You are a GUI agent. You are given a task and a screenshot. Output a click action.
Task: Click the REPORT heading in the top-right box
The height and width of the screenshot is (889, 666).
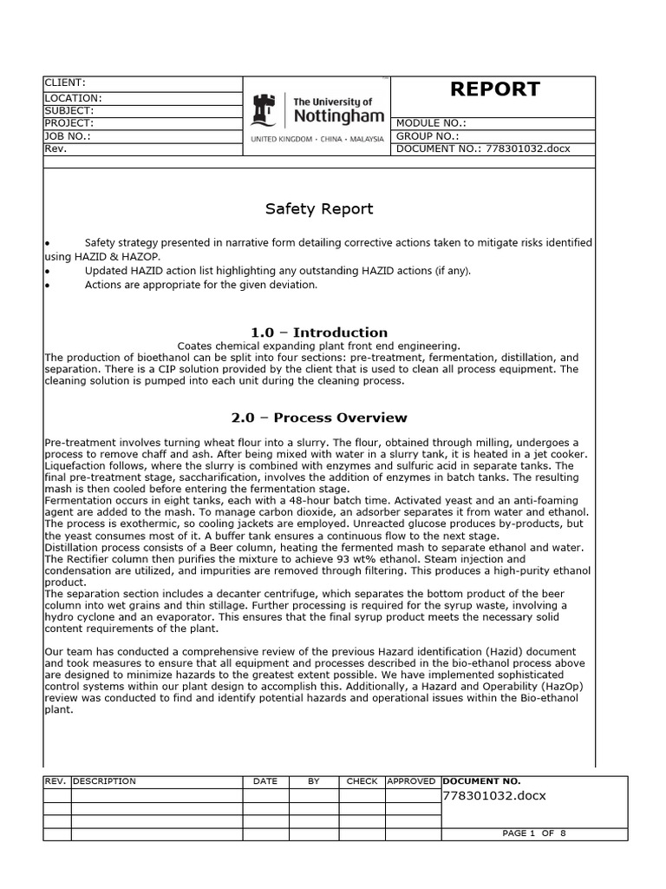tap(493, 89)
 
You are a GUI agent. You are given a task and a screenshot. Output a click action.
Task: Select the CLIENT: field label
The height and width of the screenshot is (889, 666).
tap(65, 82)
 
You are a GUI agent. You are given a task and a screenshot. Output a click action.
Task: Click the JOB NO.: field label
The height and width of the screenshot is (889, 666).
tap(68, 136)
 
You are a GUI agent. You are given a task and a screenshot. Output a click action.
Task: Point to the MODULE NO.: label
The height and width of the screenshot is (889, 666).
tap(431, 124)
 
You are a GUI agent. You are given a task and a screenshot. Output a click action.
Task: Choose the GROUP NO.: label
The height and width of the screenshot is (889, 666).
tap(428, 136)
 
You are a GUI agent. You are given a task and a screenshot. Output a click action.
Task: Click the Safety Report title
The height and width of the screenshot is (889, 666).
tap(319, 208)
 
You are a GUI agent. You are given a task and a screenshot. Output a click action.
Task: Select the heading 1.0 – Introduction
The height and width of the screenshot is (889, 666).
tap(319, 333)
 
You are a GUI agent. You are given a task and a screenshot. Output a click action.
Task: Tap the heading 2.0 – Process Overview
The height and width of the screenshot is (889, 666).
tap(319, 418)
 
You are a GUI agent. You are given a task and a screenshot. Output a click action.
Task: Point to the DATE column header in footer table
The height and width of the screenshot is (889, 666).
tap(265, 781)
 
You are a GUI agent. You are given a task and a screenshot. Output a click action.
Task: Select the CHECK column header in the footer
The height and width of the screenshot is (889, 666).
tap(362, 781)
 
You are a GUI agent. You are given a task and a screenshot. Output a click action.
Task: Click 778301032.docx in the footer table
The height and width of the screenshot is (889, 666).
tap(494, 796)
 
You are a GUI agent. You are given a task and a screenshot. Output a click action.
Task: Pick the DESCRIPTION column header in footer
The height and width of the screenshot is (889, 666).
tap(105, 781)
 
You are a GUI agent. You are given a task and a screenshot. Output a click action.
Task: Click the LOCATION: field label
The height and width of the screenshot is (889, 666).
tap(73, 99)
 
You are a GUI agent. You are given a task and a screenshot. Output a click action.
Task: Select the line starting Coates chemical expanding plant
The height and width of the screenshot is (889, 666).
tap(318, 346)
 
